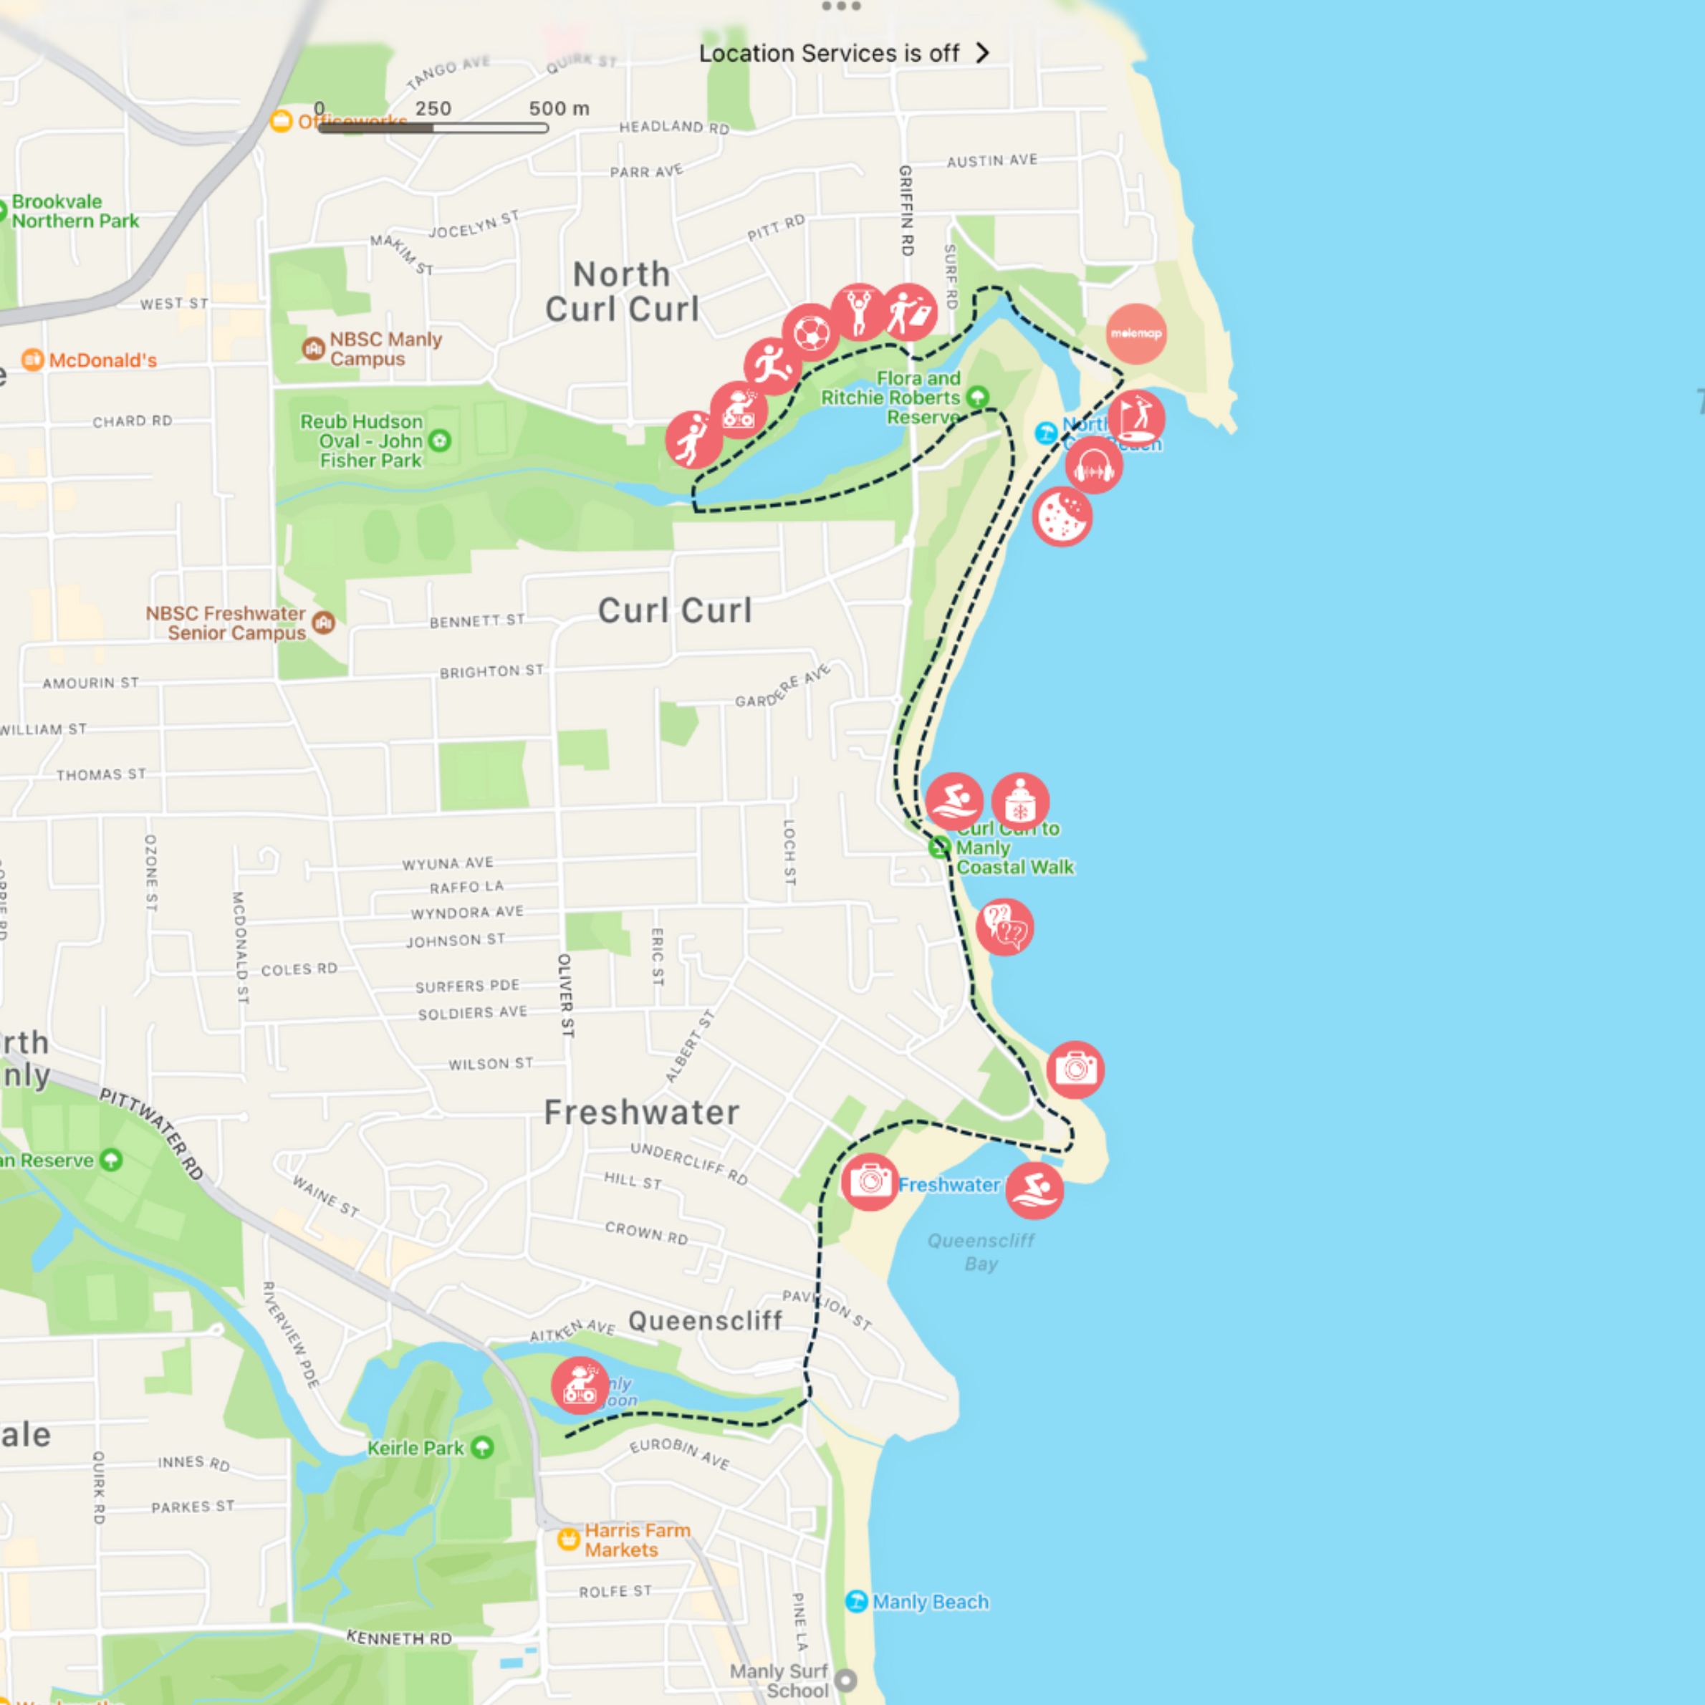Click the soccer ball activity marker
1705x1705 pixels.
[x=810, y=332]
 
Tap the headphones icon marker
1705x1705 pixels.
[x=1093, y=466]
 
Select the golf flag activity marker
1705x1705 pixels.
[x=1135, y=418]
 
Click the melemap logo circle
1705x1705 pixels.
[x=1135, y=334]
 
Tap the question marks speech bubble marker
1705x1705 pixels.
[x=1004, y=926]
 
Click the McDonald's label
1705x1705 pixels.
[x=102, y=360]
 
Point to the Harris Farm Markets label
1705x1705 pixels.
[x=636, y=1540]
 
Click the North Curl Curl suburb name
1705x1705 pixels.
[x=622, y=292]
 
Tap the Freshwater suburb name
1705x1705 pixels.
[x=642, y=1113]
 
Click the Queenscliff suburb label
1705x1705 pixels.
[x=705, y=1321]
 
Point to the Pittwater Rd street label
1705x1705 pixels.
[x=152, y=1134]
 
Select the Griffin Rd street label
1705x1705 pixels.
[x=906, y=210]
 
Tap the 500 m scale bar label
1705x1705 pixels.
[x=559, y=109]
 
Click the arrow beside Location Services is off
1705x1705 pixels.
[x=982, y=53]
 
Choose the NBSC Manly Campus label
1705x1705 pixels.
[x=385, y=349]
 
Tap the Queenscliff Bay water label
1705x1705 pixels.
[x=981, y=1252]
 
